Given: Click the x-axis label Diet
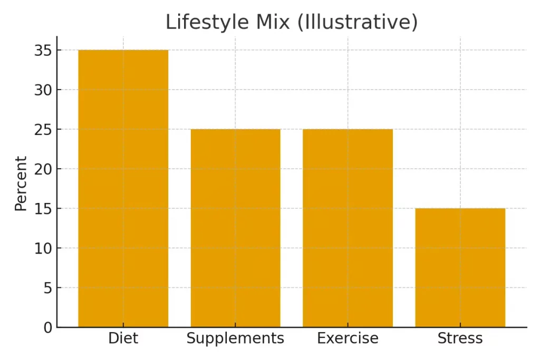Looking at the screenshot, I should tap(123, 338).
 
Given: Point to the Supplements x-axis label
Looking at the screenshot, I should tap(235, 338).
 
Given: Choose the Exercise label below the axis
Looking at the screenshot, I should tap(348, 338).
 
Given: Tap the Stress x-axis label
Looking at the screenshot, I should tap(460, 338).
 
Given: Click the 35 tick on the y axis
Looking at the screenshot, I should tap(43, 51).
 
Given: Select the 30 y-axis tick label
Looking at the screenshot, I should tap(43, 90).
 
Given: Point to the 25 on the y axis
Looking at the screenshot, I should tap(43, 130).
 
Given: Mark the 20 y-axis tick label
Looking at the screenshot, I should tap(43, 169).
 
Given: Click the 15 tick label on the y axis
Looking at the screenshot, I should tap(43, 209).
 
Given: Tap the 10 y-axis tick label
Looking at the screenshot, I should tap(43, 248).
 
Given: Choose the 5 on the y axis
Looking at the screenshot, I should tap(47, 288).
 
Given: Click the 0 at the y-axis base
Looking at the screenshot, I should tap(47, 327).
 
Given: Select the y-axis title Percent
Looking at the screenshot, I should tap(21, 183).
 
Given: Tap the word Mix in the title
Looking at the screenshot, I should tap(274, 22).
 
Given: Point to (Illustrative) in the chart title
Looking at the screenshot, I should tap(358, 22).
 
